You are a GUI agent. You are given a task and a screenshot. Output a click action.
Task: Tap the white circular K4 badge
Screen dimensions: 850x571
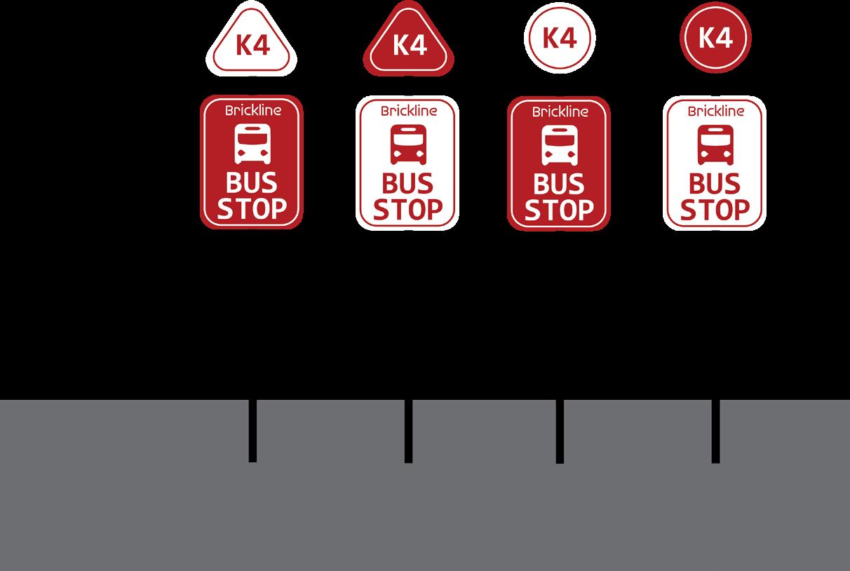560,38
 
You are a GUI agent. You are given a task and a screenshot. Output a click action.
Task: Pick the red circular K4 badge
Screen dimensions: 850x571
715,38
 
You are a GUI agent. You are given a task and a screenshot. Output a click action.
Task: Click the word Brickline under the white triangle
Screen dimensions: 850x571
252,111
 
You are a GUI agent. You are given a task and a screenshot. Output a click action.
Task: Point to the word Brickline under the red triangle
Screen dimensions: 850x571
409,111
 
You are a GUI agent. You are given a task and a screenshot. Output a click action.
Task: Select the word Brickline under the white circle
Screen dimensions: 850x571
560,111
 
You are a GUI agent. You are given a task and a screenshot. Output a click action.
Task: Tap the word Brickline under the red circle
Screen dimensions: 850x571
715,111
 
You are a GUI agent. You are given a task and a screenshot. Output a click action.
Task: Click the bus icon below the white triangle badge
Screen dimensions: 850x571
252,144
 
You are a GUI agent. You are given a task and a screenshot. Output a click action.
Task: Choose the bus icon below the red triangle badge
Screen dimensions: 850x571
409,144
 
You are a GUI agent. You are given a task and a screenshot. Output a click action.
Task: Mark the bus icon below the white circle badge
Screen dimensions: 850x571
560,145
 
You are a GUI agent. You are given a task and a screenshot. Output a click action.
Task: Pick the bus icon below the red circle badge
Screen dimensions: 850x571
715,145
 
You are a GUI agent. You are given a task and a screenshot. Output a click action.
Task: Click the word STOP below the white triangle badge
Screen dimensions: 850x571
252,208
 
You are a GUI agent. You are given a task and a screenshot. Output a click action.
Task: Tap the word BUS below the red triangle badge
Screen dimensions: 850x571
407,184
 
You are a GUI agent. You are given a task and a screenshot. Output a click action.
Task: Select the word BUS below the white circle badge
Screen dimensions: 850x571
559,184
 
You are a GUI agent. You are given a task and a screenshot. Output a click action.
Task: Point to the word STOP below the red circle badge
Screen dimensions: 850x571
715,209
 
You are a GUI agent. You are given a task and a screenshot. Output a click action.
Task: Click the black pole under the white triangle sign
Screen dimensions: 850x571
252,430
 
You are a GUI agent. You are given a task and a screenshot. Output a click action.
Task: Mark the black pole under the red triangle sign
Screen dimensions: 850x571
408,430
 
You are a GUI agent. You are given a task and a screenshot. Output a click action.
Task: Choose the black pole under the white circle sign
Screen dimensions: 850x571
560,430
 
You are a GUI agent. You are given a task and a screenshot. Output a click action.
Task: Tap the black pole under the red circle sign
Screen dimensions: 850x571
715,430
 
